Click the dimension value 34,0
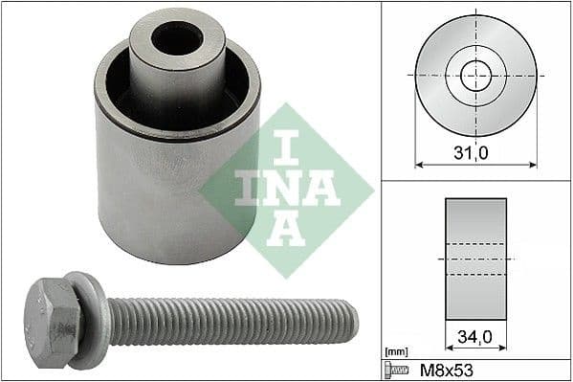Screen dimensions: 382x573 [475, 338]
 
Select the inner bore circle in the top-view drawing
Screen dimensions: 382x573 [475, 75]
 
